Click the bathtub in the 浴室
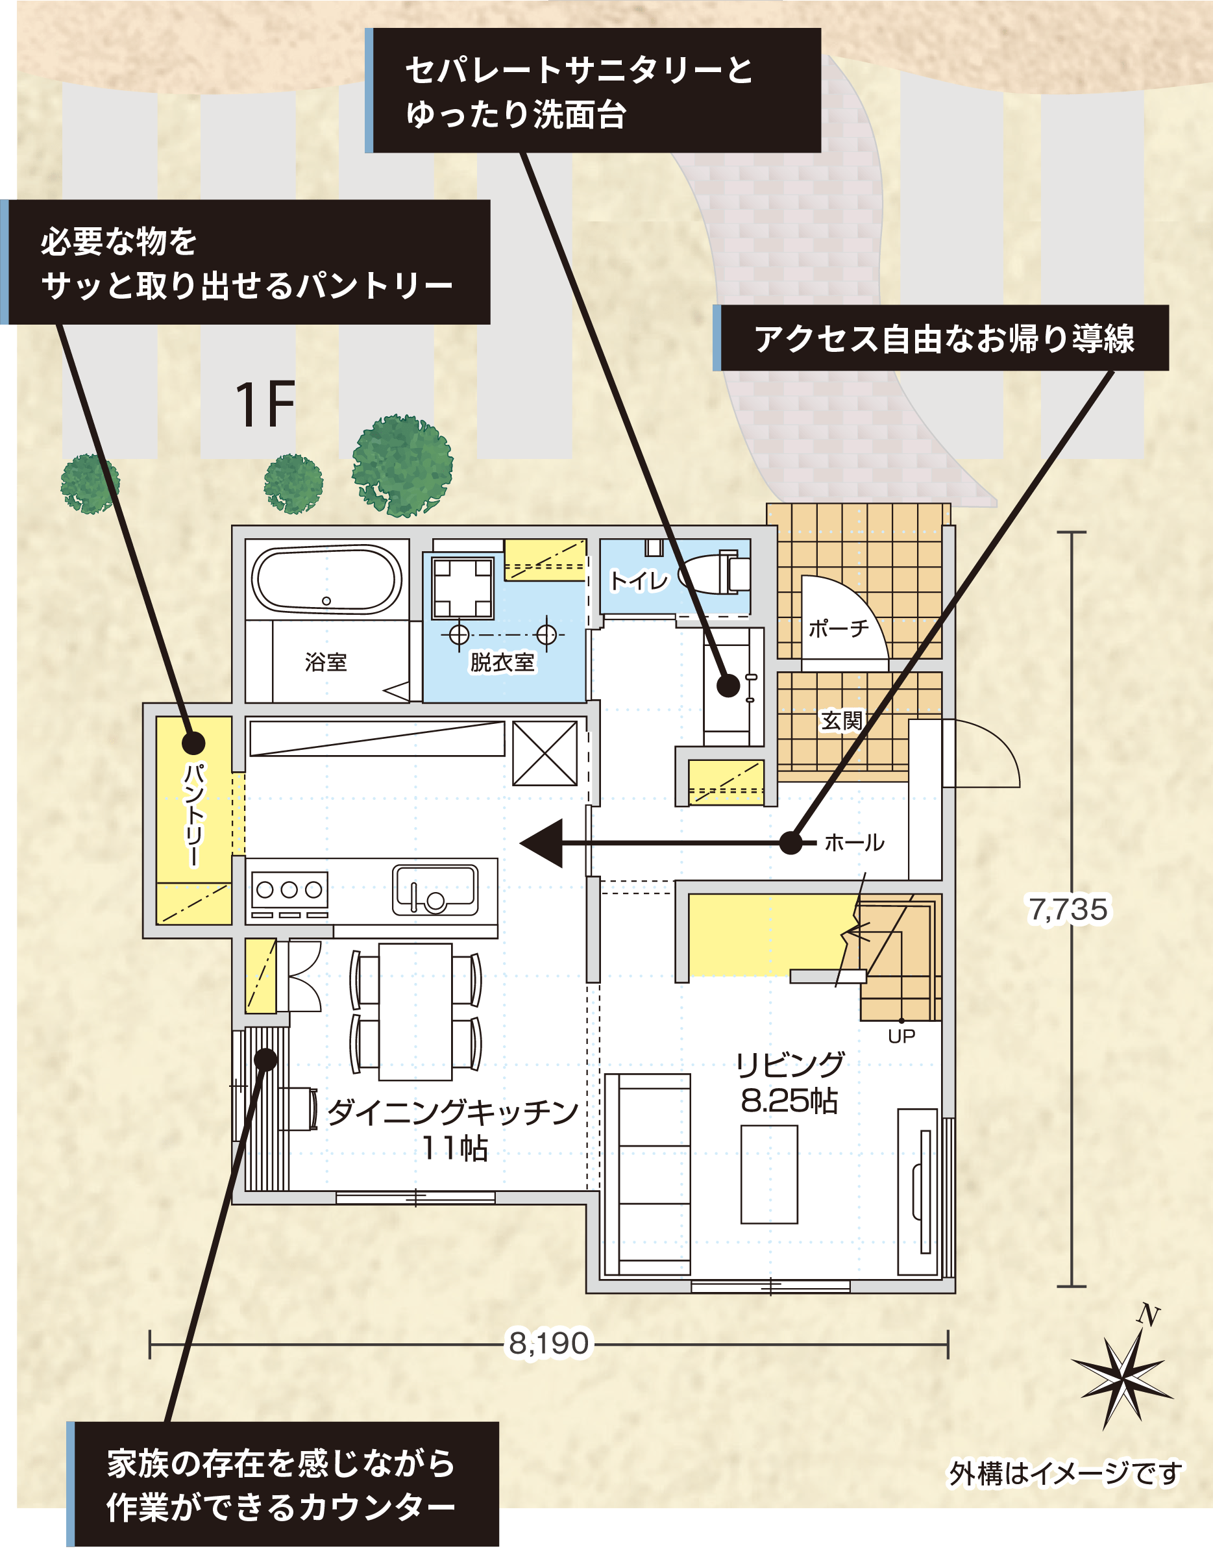(326, 580)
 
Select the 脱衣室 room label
(502, 662)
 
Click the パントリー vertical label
(193, 815)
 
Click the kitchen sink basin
(435, 889)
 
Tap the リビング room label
(789, 1065)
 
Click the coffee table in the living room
(768, 1174)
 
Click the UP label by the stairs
(901, 1036)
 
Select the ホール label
(854, 843)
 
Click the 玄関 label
(841, 721)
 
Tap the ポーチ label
(839, 628)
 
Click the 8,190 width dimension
(549, 1343)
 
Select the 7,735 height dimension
(1068, 910)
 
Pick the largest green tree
(402, 466)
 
